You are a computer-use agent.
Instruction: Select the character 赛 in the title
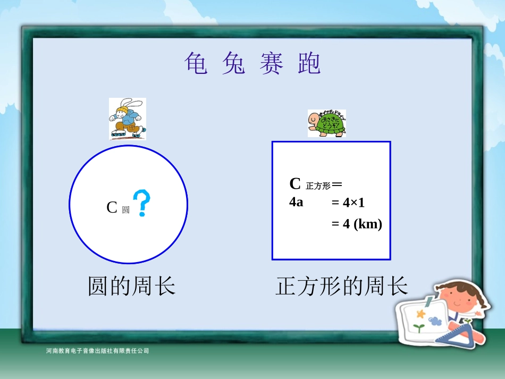coord(272,64)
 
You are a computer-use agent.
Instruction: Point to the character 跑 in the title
coord(310,64)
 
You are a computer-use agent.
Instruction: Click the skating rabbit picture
coord(128,119)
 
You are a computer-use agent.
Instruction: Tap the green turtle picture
coord(326,123)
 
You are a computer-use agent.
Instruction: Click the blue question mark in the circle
coord(142,203)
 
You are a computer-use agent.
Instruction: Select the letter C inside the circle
coord(112,207)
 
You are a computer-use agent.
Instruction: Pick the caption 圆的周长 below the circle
coord(131,286)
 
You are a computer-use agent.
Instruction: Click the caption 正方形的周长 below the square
coord(342,286)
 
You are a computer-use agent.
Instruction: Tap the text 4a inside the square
coord(297,201)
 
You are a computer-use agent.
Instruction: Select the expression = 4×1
coord(348,203)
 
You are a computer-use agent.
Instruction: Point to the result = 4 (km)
coord(357,224)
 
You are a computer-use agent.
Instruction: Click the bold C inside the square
coord(295,184)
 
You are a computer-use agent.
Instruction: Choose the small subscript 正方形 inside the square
coord(318,186)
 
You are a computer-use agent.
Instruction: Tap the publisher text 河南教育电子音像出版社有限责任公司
coord(98,351)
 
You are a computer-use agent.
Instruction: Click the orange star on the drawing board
coord(420,313)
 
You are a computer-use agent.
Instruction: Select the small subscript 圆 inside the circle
coord(125,210)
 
